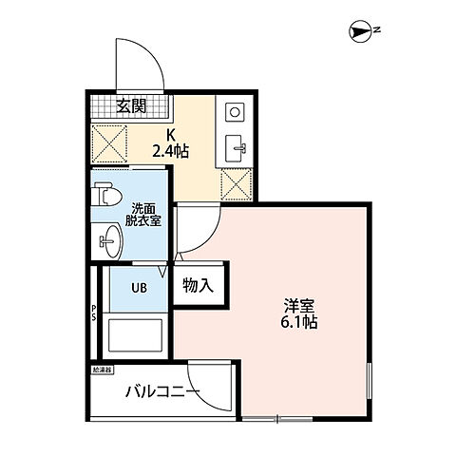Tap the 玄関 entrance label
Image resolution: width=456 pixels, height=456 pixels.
[133, 105]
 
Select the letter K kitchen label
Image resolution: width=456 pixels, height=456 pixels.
[172, 133]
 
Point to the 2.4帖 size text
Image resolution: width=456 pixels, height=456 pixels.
[173, 149]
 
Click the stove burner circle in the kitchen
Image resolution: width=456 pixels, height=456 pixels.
[235, 112]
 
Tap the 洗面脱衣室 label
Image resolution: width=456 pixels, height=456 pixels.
[144, 214]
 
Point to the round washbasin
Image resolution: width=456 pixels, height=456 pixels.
[109, 241]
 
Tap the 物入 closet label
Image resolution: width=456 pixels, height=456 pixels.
[199, 283]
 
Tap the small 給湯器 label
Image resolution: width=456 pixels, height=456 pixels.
[103, 368]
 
